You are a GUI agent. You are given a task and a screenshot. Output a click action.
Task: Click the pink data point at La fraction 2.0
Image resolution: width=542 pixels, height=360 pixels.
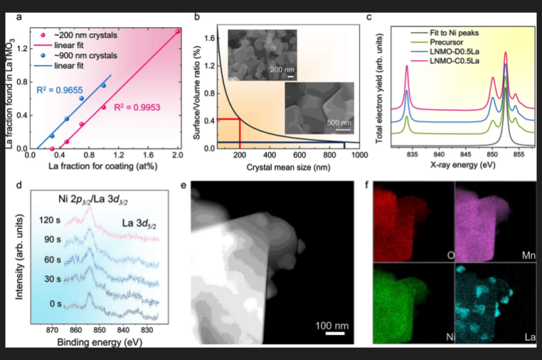coord(178,31)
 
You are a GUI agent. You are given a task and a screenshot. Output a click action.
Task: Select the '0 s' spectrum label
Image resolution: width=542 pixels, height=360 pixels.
coord(56,303)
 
